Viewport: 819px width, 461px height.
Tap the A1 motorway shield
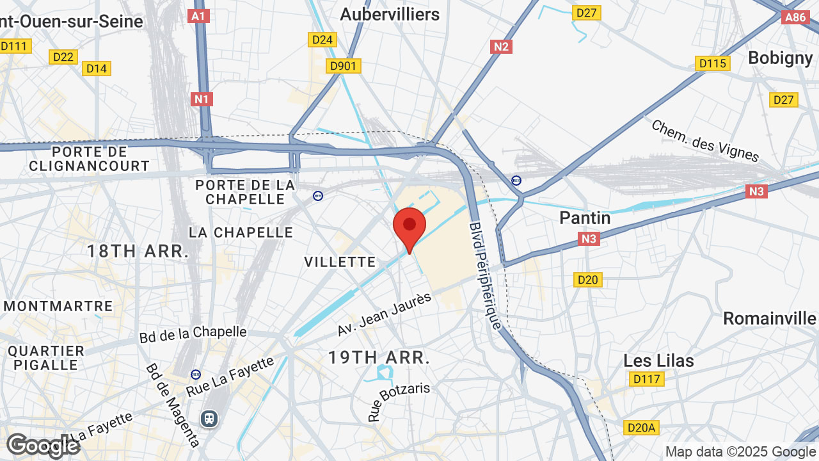[x=199, y=16]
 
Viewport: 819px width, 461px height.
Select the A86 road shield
[x=795, y=17]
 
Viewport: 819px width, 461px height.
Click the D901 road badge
[x=344, y=66]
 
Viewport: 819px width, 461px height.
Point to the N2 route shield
[x=502, y=46]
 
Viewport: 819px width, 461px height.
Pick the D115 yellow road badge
[x=712, y=63]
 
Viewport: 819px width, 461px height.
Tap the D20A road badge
[x=640, y=427]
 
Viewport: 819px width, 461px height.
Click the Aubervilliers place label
[x=390, y=14]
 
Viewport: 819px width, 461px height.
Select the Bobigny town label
[x=780, y=58]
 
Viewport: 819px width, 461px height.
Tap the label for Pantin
[x=585, y=218]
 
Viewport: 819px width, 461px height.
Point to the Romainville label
[x=770, y=318]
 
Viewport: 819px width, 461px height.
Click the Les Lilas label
[x=658, y=360]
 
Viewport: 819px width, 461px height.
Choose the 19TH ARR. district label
[x=379, y=357]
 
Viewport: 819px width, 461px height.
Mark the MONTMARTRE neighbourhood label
[x=58, y=306]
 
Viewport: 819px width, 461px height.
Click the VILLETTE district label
[x=340, y=261]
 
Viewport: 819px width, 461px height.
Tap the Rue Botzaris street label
[x=398, y=401]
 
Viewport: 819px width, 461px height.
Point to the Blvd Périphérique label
[x=486, y=275]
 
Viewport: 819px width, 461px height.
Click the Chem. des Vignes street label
[x=704, y=140]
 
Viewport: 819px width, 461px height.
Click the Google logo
[x=43, y=446]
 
